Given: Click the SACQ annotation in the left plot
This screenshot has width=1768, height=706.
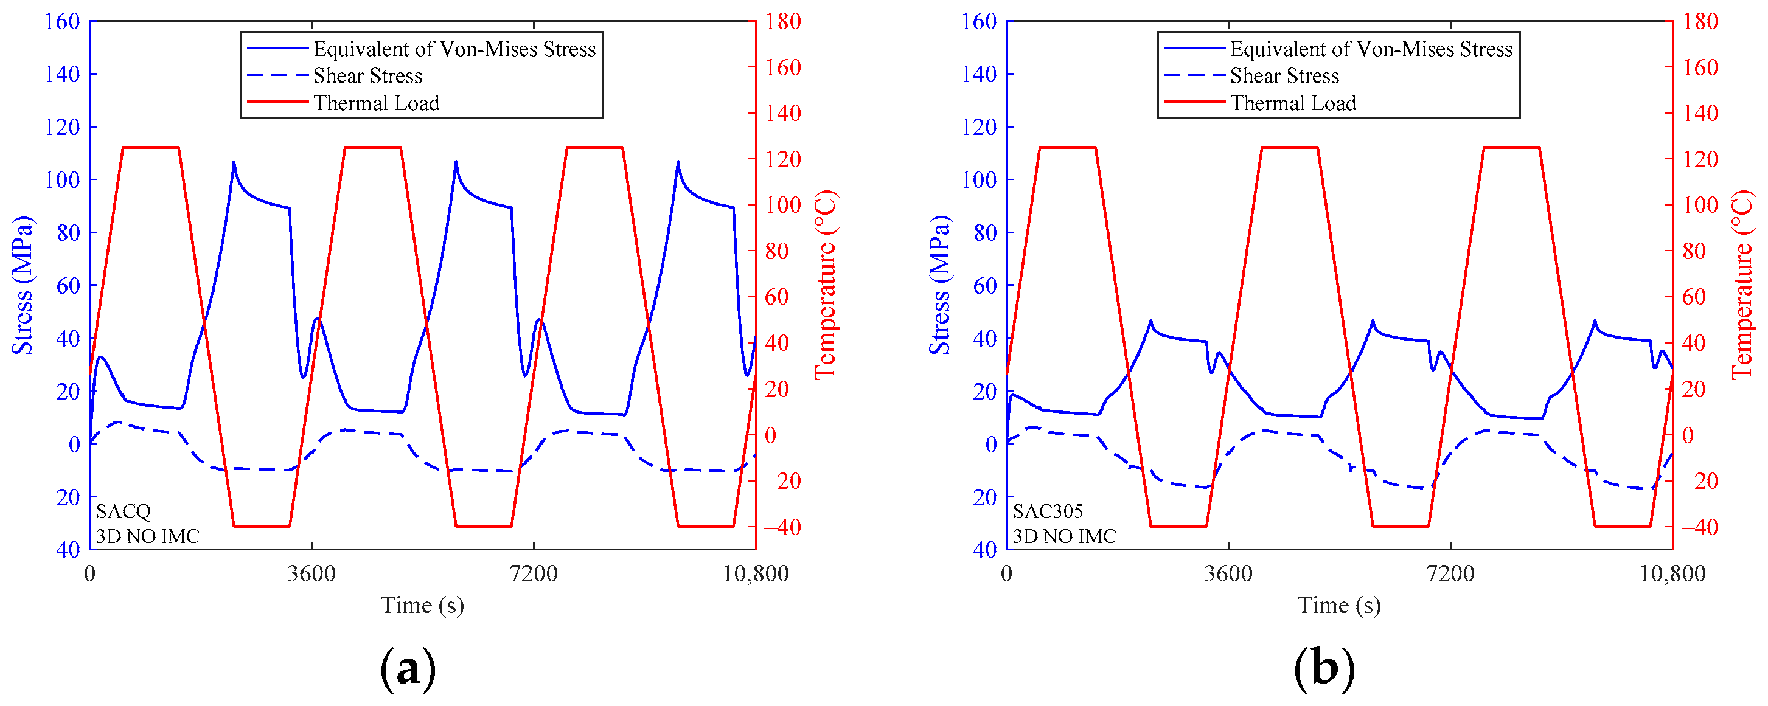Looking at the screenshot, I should tap(123, 511).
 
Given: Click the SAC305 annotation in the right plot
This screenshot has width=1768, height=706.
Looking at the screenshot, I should tap(1047, 511).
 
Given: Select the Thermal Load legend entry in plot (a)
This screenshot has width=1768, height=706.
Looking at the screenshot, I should tap(376, 103).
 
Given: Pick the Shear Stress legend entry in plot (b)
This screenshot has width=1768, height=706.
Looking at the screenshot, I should tap(1284, 75).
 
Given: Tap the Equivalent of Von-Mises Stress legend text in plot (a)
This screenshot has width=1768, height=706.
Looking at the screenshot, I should tap(454, 49).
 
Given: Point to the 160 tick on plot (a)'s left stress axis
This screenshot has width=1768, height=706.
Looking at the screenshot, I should tap(63, 21).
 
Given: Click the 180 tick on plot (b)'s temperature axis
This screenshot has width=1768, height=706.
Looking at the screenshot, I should tap(1699, 21).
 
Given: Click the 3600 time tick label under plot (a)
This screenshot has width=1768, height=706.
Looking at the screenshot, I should tap(311, 573).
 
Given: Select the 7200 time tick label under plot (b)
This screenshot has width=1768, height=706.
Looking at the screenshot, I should tap(1450, 573).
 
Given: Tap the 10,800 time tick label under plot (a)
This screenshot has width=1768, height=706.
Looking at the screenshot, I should tap(756, 573).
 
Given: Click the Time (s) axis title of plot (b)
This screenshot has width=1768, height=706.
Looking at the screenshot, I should tap(1338, 605).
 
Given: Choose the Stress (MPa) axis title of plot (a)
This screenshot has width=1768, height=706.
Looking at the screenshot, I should tap(22, 285).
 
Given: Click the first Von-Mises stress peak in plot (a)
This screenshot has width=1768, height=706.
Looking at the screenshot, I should tap(234, 162).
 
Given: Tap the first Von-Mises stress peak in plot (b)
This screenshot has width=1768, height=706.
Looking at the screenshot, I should tap(1150, 320).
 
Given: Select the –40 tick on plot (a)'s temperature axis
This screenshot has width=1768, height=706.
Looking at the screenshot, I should tap(782, 527).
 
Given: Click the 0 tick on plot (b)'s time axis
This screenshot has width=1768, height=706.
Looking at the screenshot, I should tap(1006, 573).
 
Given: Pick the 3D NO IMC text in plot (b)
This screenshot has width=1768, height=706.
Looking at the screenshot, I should tap(1065, 536).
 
